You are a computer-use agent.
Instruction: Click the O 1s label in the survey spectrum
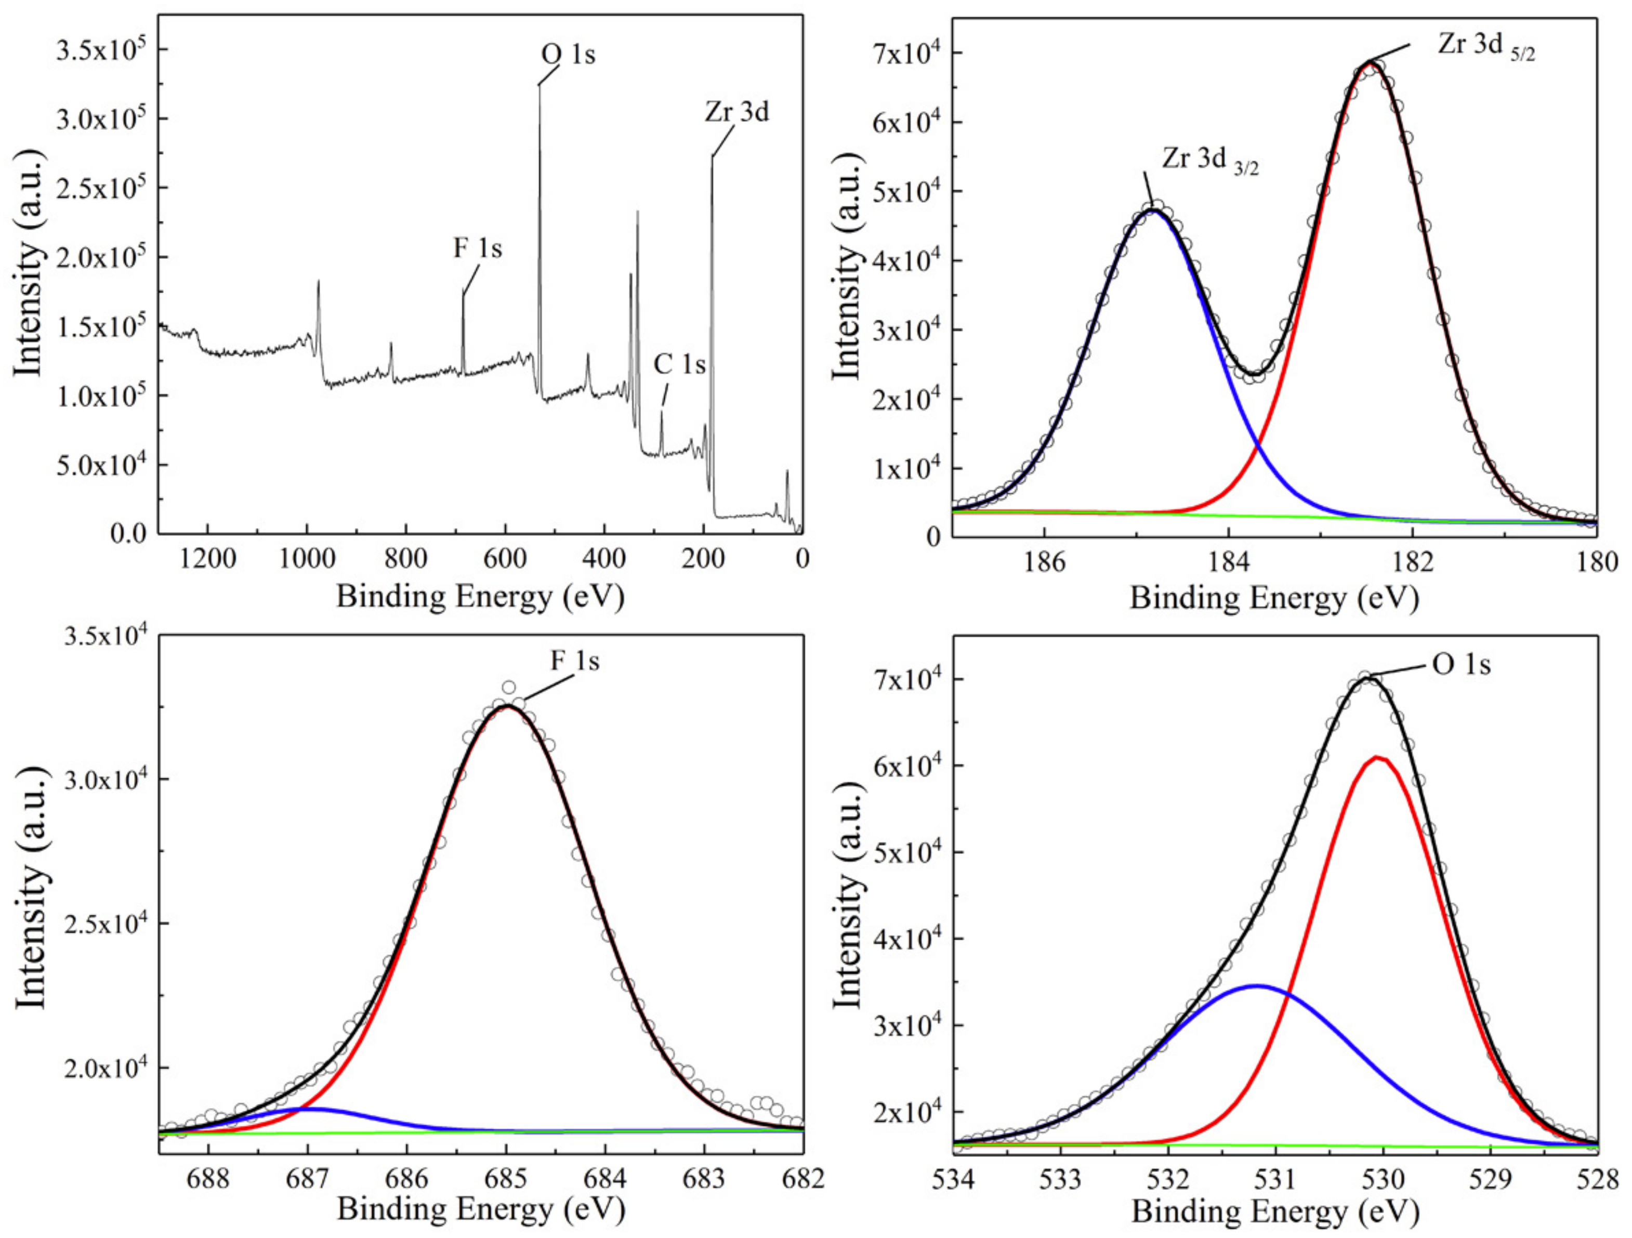[x=568, y=55]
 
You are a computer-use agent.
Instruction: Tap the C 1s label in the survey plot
[x=679, y=364]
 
